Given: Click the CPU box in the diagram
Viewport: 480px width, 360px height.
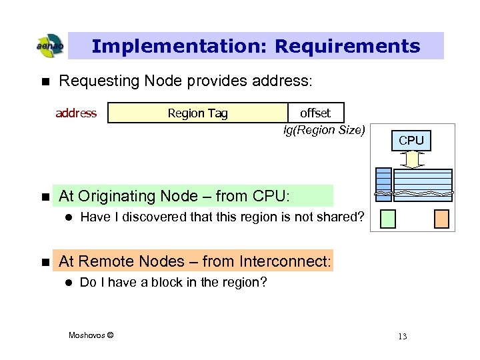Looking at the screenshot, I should tap(411, 140).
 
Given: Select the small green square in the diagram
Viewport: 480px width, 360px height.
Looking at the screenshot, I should tap(389, 219).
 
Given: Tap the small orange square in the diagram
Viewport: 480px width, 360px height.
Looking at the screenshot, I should tap(441, 219).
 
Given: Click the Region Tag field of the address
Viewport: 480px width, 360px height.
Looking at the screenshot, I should tap(197, 113).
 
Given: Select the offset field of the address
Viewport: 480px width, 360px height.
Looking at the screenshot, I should tap(315, 113).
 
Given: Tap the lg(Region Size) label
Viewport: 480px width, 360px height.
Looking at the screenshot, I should tap(324, 130).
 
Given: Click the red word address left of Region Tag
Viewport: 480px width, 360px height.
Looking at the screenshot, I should tap(76, 113).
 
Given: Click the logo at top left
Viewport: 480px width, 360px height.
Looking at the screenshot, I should tap(50, 46).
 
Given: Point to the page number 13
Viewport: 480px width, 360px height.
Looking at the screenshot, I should tap(402, 336).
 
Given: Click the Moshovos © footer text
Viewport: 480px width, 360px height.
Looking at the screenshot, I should tap(91, 335).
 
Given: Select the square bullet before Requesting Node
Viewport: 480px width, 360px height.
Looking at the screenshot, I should tap(45, 81).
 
